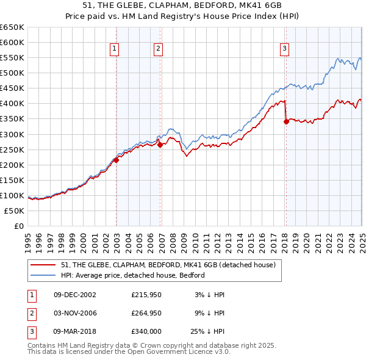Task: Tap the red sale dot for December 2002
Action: tap(116, 160)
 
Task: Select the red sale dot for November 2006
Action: tap(160, 145)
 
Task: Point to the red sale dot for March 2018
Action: tap(286, 121)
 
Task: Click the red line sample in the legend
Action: tap(43, 265)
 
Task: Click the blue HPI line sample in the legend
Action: tap(43, 275)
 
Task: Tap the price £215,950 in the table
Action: tap(145, 294)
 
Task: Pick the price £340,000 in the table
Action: tap(145, 332)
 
